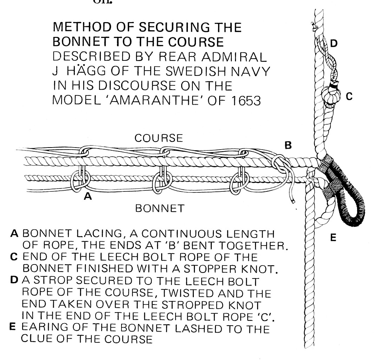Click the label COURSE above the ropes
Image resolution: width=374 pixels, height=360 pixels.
tap(159, 138)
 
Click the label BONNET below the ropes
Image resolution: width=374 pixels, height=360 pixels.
tap(159, 208)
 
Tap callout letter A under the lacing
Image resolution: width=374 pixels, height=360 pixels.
tap(88, 197)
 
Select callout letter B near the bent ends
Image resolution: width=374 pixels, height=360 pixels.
tap(288, 145)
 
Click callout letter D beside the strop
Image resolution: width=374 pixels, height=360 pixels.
tap(334, 43)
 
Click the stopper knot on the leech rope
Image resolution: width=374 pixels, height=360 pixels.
tap(331, 94)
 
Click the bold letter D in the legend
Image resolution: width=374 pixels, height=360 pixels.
tap(14, 281)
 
